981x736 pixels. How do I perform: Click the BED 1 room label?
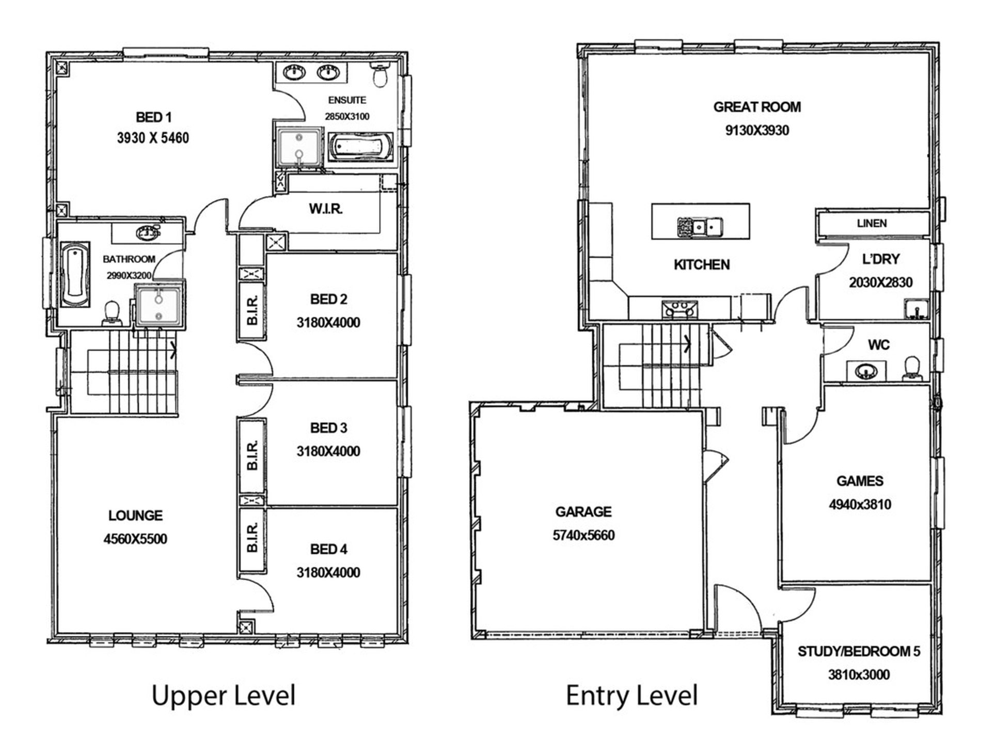[x=153, y=117]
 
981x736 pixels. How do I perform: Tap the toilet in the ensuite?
[x=381, y=74]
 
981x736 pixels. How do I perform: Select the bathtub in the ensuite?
[x=361, y=147]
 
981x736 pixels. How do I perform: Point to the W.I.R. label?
[x=326, y=209]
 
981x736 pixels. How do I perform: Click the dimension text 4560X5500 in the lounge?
[x=135, y=539]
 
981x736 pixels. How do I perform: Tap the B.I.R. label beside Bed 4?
[x=252, y=538]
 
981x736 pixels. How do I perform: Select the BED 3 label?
[x=328, y=428]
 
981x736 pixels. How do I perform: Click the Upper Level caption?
[x=224, y=695]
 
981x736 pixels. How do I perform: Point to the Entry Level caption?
[x=632, y=695]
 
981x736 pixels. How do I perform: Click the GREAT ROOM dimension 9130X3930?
[x=757, y=130]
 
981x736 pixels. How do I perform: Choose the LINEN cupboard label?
[x=872, y=224]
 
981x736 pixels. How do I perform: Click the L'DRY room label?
[x=881, y=259]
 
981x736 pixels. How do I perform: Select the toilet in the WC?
[x=913, y=368]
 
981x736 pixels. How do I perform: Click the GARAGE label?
[x=583, y=512]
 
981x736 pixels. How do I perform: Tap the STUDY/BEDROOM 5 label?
[x=859, y=652]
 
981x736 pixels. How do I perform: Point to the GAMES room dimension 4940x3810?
[x=860, y=505]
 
